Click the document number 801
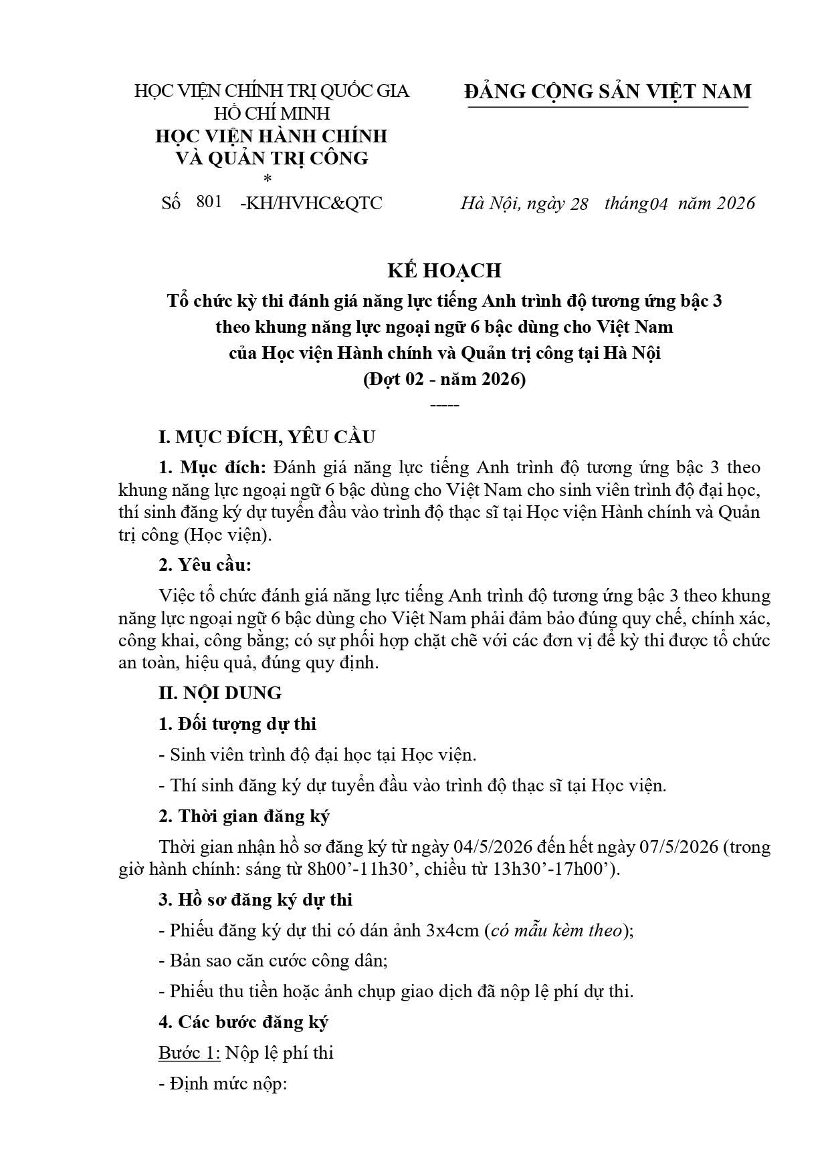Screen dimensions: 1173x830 pyautogui.click(x=209, y=202)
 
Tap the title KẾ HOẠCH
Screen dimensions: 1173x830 pyautogui.click(x=444, y=270)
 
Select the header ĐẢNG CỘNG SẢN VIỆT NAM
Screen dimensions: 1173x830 pyautogui.click(x=607, y=92)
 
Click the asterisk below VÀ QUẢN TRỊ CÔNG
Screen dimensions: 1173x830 pyautogui.click(x=269, y=178)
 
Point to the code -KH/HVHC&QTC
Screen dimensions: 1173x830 pyautogui.click(x=311, y=203)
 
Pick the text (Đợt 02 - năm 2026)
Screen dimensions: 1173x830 pyautogui.click(x=444, y=379)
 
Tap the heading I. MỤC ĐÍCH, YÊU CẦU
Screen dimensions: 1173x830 pyautogui.click(x=267, y=437)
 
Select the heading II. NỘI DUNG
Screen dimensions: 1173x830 pyautogui.click(x=220, y=692)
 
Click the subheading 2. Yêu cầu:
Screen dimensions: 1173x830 pyautogui.click(x=205, y=565)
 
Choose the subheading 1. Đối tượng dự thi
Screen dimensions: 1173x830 pyautogui.click(x=237, y=724)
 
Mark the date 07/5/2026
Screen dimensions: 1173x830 pyautogui.click(x=680, y=847)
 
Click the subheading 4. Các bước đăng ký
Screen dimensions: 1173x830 pyautogui.click(x=243, y=1022)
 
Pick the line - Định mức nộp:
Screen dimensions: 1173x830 pyautogui.click(x=223, y=1084)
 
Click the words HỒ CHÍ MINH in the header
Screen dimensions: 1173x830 pyautogui.click(x=272, y=113)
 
